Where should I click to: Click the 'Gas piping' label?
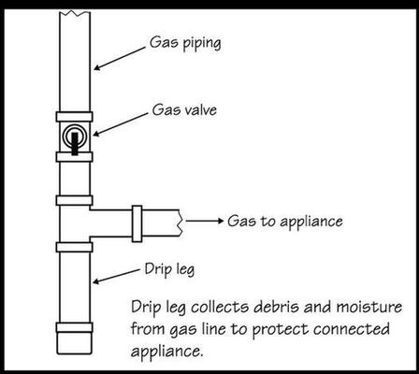[185, 44]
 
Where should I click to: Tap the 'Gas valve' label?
[184, 110]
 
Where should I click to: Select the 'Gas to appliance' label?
[285, 222]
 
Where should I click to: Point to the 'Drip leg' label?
[169, 269]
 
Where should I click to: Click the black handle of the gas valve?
[75, 144]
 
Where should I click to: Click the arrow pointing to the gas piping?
[120, 58]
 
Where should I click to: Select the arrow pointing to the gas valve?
[121, 124]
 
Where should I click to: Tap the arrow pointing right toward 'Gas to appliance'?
[205, 221]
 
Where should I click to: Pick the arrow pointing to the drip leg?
[116, 276]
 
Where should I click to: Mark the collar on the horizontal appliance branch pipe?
[137, 223]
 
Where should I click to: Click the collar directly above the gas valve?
[74, 117]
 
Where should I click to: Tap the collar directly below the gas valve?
[74, 157]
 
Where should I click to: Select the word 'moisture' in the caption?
[369, 307]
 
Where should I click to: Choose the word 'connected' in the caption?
[352, 329]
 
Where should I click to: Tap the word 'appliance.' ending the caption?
[166, 352]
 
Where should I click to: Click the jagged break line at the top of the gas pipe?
[75, 12]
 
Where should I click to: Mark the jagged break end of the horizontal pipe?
[181, 223]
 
